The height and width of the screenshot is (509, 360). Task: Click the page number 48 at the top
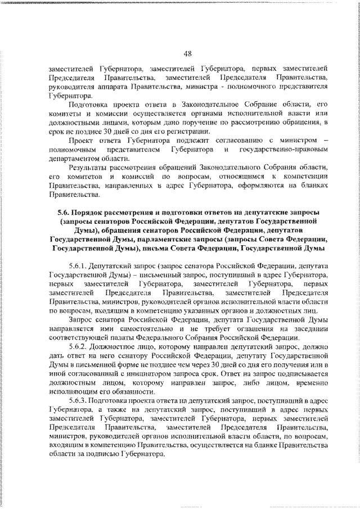coord(188,54)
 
